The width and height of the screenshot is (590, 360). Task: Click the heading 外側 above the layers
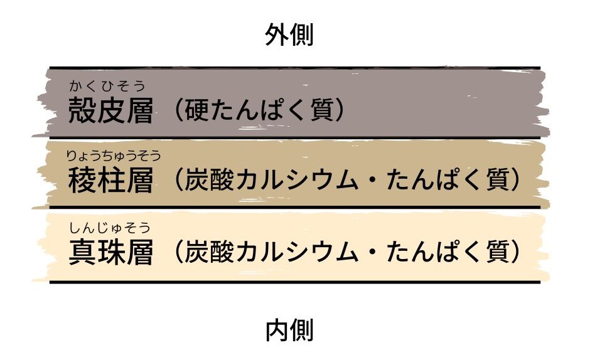pos(289,34)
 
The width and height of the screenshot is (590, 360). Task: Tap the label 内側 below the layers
pos(289,331)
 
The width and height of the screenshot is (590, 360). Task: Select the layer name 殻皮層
pos(110,110)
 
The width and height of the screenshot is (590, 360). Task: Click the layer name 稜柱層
pos(110,180)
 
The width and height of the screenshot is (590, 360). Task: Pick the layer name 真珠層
pos(110,252)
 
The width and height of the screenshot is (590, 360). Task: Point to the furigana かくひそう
pos(107,86)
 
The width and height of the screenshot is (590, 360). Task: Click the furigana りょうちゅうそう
pos(113,156)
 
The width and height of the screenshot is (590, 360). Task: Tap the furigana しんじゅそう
pos(109,228)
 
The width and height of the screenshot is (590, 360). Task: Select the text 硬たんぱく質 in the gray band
pos(259,110)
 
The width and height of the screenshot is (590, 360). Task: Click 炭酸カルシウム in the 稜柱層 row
pos(271,179)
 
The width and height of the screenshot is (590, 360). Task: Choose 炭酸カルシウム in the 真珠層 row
pos(271,251)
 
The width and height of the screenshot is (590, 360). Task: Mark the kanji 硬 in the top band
pos(197,110)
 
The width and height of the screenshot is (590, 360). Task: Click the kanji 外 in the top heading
pos(277,34)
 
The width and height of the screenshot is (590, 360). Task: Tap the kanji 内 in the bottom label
pos(277,331)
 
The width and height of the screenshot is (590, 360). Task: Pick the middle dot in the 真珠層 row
pos(372,251)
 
